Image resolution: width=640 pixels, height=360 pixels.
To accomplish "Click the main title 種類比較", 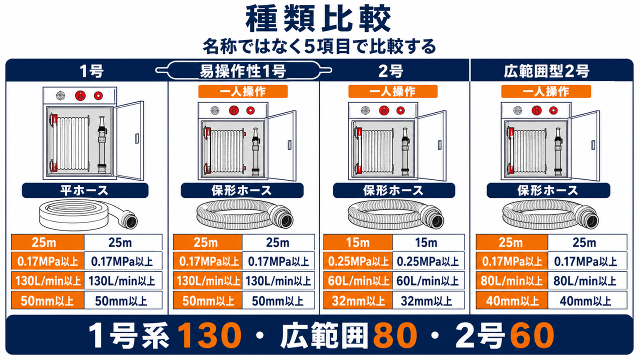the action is pos(318,19).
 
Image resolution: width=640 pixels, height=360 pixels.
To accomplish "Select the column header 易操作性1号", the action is pos(242,71).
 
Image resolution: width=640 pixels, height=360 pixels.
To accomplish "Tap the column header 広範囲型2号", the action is pos(546,71).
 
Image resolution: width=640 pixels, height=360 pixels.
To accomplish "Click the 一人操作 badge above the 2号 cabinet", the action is pos(393,91).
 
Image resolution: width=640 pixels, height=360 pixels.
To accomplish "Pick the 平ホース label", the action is pos(85,190).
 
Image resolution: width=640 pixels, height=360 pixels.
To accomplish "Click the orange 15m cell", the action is pos(358,242).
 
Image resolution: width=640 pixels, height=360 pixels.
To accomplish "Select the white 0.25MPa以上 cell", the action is pos(428,261).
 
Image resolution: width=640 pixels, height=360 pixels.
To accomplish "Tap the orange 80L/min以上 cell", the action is pos(511,280).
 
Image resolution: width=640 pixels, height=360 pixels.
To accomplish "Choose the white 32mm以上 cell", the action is pos(428,300).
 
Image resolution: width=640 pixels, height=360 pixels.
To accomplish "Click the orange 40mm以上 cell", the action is pos(511,300).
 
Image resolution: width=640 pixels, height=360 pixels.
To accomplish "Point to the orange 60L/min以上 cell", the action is pos(358,280).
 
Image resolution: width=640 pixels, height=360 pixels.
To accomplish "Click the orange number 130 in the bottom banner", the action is pos(209,335).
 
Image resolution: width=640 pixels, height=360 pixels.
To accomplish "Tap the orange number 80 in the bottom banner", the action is pos(395,335).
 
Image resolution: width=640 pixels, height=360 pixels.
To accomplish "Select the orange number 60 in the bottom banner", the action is pos(531,335).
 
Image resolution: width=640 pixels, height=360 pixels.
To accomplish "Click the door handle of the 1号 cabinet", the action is pos(137,138).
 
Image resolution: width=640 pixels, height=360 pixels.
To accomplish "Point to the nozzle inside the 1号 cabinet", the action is pos(102,144).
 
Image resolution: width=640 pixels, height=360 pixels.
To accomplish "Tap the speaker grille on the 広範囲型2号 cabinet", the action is pos(517,110).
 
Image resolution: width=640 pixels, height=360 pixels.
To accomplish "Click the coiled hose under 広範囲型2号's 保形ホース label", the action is pos(549,214).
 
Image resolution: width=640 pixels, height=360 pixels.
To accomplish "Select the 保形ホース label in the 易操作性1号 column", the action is pos(242,190).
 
